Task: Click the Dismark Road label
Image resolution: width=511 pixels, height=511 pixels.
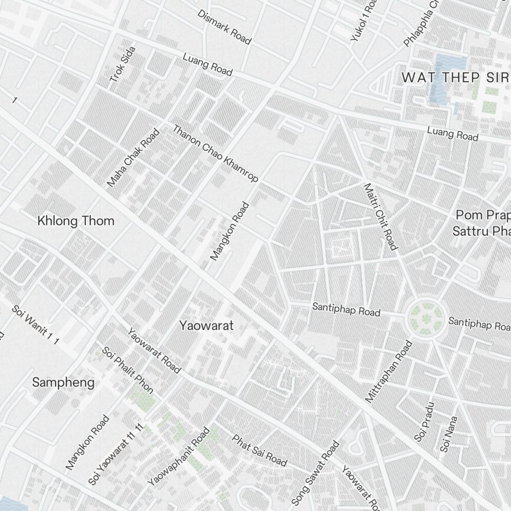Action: coord(224,27)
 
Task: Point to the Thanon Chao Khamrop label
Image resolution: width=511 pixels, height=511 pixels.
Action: coord(215,153)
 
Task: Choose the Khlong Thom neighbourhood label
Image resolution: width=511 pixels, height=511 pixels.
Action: coord(76,221)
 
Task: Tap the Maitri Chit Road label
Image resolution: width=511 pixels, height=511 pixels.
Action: coord(380,217)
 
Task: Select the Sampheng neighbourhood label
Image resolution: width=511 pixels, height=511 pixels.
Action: coord(63,382)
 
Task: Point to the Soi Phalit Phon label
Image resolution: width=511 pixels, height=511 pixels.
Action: coord(127,370)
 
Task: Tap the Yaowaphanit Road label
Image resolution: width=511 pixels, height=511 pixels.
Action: coord(178,457)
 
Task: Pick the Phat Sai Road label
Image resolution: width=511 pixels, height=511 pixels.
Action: coord(260,450)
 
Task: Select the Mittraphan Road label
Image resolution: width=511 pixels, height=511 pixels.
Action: coord(388,371)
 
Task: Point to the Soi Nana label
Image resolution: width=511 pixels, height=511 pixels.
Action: coord(448,434)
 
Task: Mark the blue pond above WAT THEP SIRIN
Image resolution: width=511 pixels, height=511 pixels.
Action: coord(451,63)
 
